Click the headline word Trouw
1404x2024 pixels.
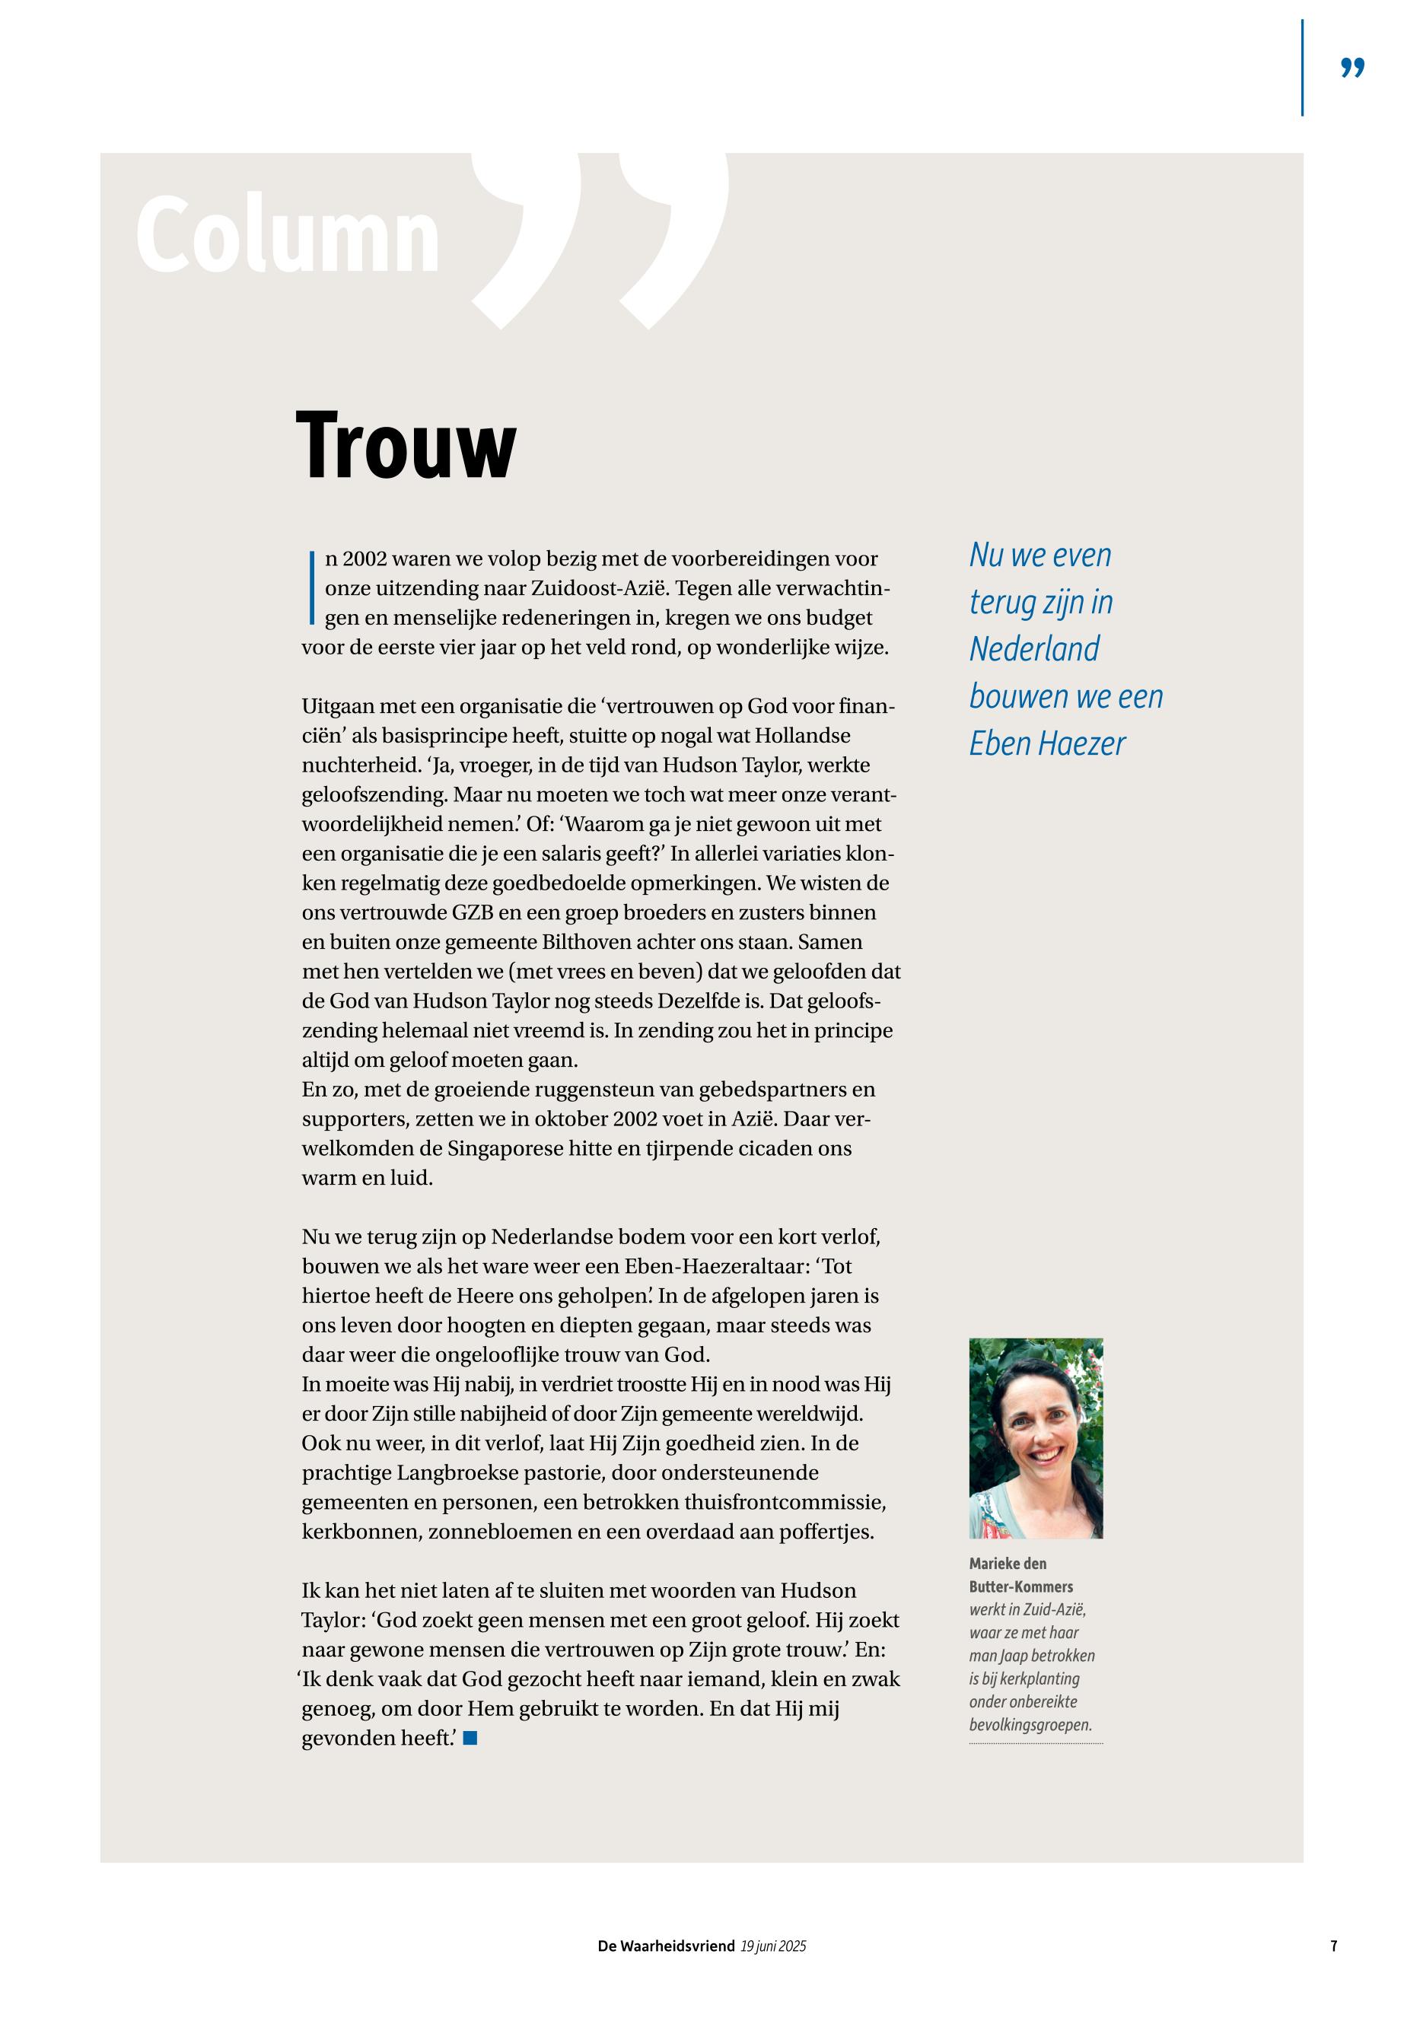click(406, 446)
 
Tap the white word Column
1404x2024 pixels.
click(288, 236)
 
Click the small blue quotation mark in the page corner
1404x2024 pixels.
click(1352, 68)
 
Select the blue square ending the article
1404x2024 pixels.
click(470, 1737)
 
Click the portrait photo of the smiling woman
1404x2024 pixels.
click(1036, 1437)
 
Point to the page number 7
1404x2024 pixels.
click(1334, 1946)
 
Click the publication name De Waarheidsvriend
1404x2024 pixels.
click(666, 1946)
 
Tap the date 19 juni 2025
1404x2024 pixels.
click(773, 1946)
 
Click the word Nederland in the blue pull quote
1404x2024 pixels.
click(1033, 649)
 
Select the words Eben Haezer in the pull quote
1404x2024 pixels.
click(1047, 744)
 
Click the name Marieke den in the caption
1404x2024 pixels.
click(1008, 1563)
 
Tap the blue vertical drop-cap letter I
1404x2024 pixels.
click(311, 587)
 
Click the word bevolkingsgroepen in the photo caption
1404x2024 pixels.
click(1030, 1725)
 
